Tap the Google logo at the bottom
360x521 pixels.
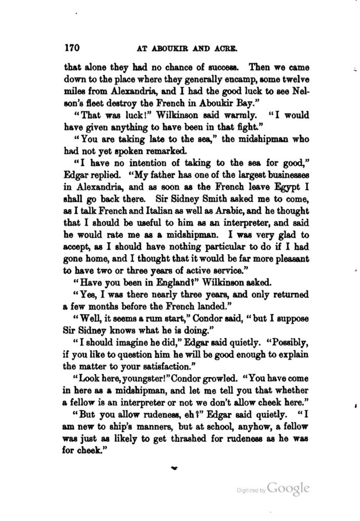point(289,489)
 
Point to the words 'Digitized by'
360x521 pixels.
point(250,491)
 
